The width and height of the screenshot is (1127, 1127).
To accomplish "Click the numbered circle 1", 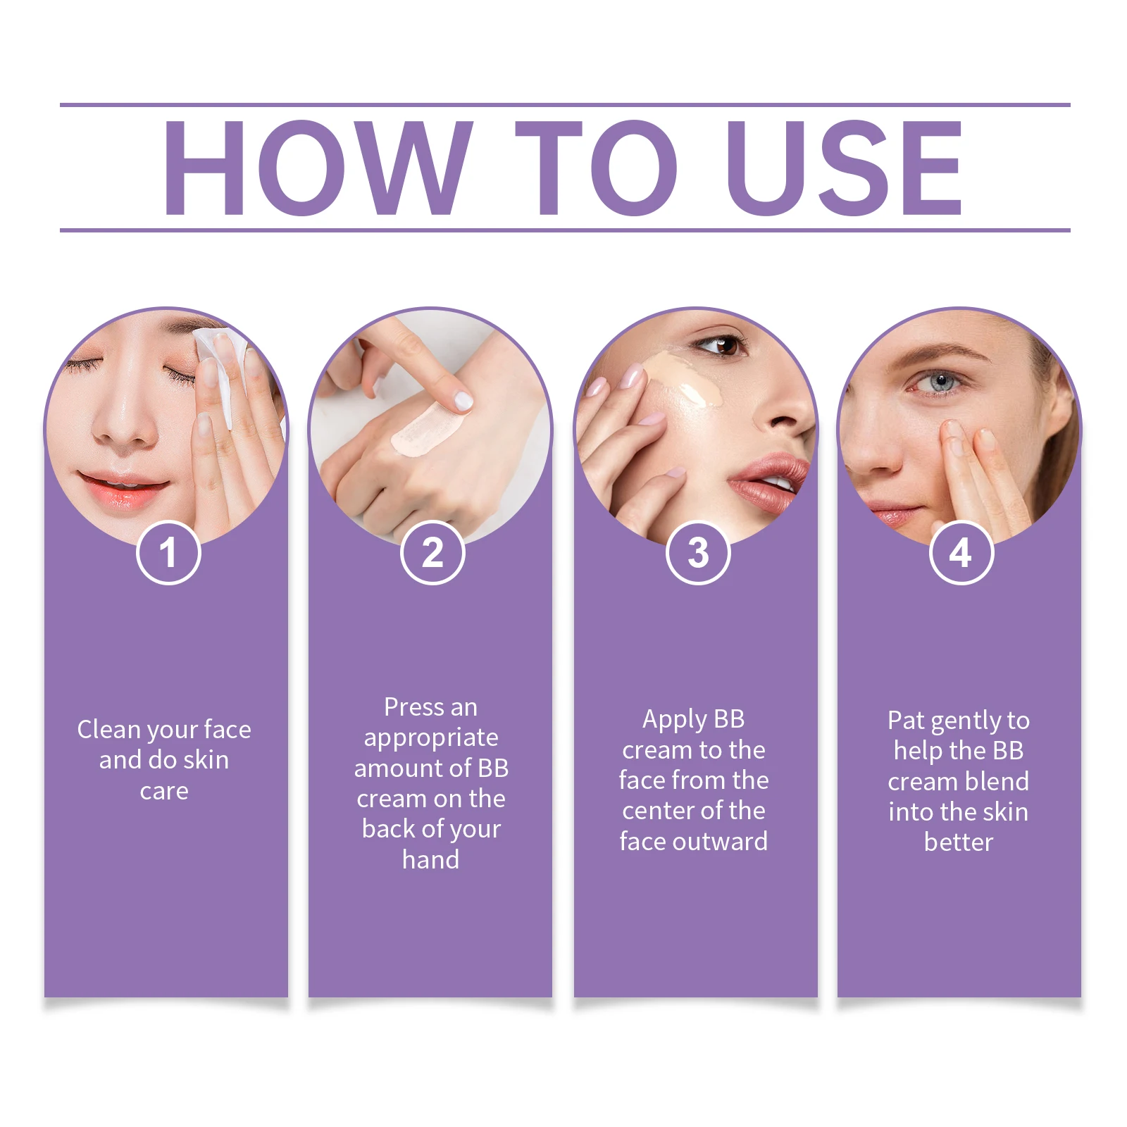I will point(168,553).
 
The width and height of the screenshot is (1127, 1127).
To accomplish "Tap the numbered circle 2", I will point(432,553).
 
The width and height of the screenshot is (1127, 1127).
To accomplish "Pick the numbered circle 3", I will point(698,553).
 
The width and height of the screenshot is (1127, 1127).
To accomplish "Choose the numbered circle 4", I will point(961,553).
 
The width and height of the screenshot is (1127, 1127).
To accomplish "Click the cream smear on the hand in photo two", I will point(426,430).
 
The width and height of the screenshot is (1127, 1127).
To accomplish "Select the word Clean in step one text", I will point(108,730).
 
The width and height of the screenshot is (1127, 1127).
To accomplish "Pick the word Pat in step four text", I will point(905,721).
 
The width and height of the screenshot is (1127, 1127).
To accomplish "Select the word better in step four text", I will point(958,842).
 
